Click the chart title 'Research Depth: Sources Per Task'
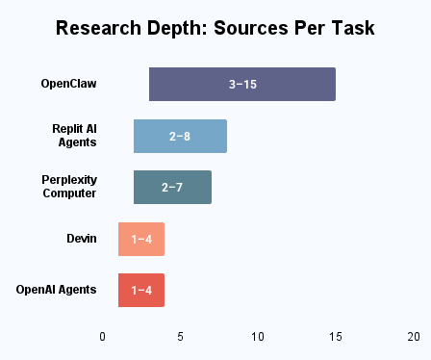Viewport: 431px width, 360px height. [x=215, y=28]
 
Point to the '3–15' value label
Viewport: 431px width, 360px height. [x=242, y=84]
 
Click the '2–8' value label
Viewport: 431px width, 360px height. [x=180, y=136]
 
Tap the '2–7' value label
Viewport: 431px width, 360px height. [x=172, y=187]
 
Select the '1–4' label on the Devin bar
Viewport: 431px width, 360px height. [x=141, y=238]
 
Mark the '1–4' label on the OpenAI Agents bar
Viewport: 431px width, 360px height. [x=141, y=290]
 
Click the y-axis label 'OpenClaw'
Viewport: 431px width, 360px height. [x=68, y=84]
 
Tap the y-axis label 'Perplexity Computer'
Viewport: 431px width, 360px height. [x=69, y=186]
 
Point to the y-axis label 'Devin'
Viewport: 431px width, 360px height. [x=82, y=238]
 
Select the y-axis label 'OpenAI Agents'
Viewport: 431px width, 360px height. [x=56, y=289]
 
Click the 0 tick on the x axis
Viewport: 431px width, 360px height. [x=103, y=337]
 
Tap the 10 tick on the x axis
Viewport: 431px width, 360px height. [x=258, y=337]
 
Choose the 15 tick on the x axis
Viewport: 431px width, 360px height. [x=336, y=337]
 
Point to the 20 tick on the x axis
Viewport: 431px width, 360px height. [x=413, y=337]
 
